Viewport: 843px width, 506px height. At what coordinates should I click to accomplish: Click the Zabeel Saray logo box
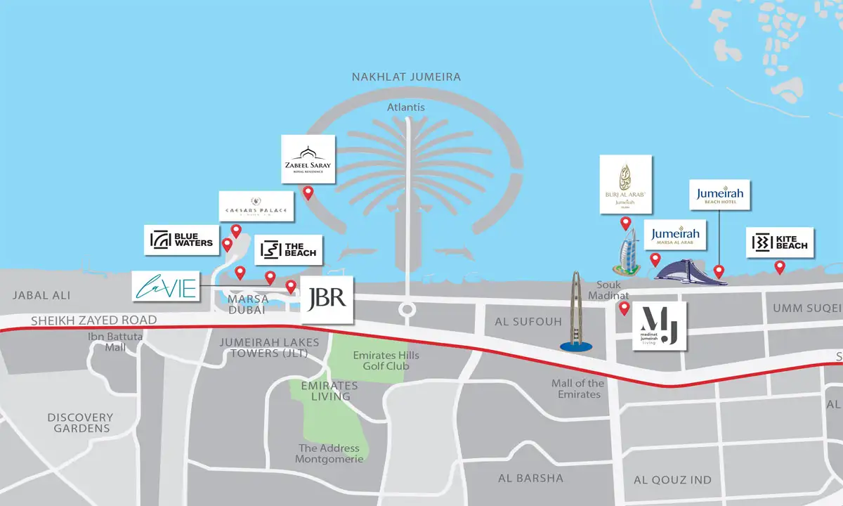(308, 159)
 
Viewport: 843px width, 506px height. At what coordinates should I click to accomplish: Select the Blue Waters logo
(181, 240)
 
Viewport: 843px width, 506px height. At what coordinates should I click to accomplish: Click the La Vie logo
(166, 287)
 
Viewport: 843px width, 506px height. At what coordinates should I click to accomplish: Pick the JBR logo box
(327, 299)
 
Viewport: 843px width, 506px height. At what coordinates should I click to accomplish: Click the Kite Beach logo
(780, 242)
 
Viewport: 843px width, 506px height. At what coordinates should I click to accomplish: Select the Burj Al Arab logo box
(625, 184)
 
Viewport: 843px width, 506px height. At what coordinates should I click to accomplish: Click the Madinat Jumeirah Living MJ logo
(660, 327)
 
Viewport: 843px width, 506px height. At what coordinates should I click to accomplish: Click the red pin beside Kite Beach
(779, 267)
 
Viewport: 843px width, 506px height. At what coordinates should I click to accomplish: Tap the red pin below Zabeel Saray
(308, 193)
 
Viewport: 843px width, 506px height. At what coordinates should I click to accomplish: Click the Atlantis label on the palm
(407, 108)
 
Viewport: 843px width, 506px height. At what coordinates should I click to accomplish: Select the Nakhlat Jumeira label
(407, 77)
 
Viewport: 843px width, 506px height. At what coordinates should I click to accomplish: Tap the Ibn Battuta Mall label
(115, 342)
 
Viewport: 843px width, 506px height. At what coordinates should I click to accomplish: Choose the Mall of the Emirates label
(577, 389)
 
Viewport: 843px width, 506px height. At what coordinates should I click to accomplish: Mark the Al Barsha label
(530, 478)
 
